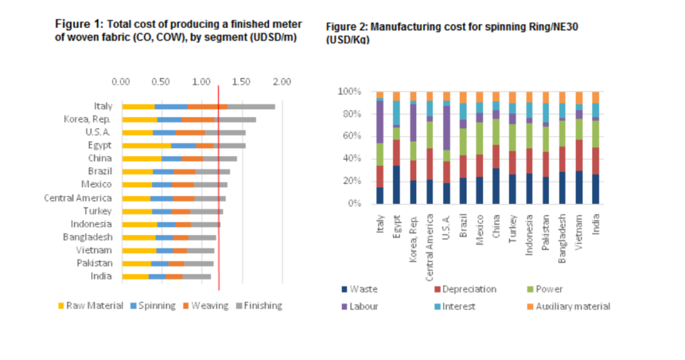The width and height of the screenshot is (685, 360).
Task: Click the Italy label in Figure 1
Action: (103, 106)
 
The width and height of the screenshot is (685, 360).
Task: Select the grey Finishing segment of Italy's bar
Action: (251, 106)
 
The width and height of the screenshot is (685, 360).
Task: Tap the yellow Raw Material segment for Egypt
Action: (146, 145)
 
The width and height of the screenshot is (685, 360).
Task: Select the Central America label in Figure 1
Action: (78, 198)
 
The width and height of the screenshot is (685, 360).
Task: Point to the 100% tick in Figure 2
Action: (351, 91)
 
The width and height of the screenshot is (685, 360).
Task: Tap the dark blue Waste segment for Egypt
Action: (396, 185)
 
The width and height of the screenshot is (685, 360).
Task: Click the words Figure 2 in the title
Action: (346, 27)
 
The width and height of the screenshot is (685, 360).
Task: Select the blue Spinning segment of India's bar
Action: (157, 276)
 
